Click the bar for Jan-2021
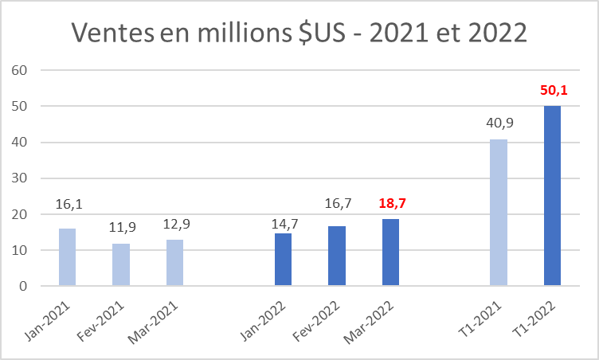pyautogui.click(x=67, y=257)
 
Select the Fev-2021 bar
pyautogui.click(x=120, y=264)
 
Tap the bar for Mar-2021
pyautogui.click(x=174, y=263)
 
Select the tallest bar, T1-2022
pyautogui.click(x=552, y=196)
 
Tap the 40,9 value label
pyautogui.click(x=499, y=123)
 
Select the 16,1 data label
pyautogui.click(x=68, y=205)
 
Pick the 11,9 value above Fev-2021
pyautogui.click(x=121, y=227)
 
